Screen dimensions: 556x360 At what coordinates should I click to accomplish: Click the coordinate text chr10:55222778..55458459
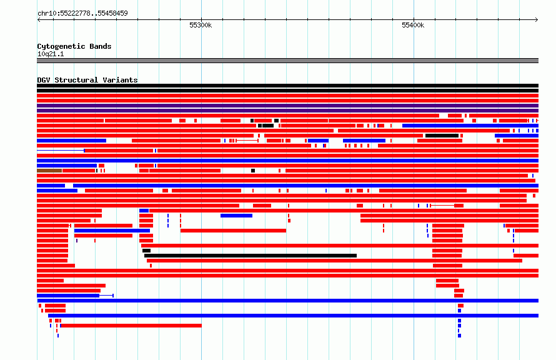pyautogui.click(x=82, y=14)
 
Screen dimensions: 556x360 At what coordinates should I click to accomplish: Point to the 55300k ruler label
pyautogui.click(x=201, y=25)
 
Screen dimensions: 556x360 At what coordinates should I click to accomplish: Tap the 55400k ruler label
pyautogui.click(x=413, y=25)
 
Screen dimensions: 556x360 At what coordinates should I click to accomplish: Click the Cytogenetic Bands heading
pyautogui.click(x=74, y=46)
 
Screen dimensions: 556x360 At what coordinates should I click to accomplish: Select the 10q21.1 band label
pyautogui.click(x=51, y=54)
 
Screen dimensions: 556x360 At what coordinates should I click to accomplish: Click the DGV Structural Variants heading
pyautogui.click(x=87, y=80)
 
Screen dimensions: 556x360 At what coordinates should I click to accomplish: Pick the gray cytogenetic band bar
pyautogui.click(x=287, y=61)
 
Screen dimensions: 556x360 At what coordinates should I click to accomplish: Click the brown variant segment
pyautogui.click(x=49, y=171)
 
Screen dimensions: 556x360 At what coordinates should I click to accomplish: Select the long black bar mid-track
pyautogui.click(x=251, y=256)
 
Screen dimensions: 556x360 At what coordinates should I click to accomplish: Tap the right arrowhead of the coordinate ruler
pyautogui.click(x=537, y=19)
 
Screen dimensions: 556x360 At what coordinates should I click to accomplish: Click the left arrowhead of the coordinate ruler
pyautogui.click(x=39, y=19)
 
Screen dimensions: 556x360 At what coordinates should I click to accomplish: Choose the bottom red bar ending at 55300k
pyautogui.click(x=131, y=326)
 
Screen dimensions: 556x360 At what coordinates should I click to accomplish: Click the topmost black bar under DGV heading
pyautogui.click(x=287, y=86)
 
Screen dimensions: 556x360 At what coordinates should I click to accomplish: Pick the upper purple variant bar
pyautogui.click(x=287, y=106)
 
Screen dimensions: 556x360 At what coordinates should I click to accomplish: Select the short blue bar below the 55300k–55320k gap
pyautogui.click(x=236, y=216)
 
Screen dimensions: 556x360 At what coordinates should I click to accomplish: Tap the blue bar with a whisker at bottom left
pyautogui.click(x=68, y=296)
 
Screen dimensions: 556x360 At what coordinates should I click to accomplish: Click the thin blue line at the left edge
pyautogui.click(x=61, y=151)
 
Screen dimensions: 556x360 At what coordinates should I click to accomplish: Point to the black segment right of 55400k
pyautogui.click(x=442, y=136)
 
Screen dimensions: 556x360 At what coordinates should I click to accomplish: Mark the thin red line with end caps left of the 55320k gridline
pyautogui.click(x=247, y=141)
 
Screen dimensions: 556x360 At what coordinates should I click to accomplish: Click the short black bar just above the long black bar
pyautogui.click(x=146, y=251)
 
